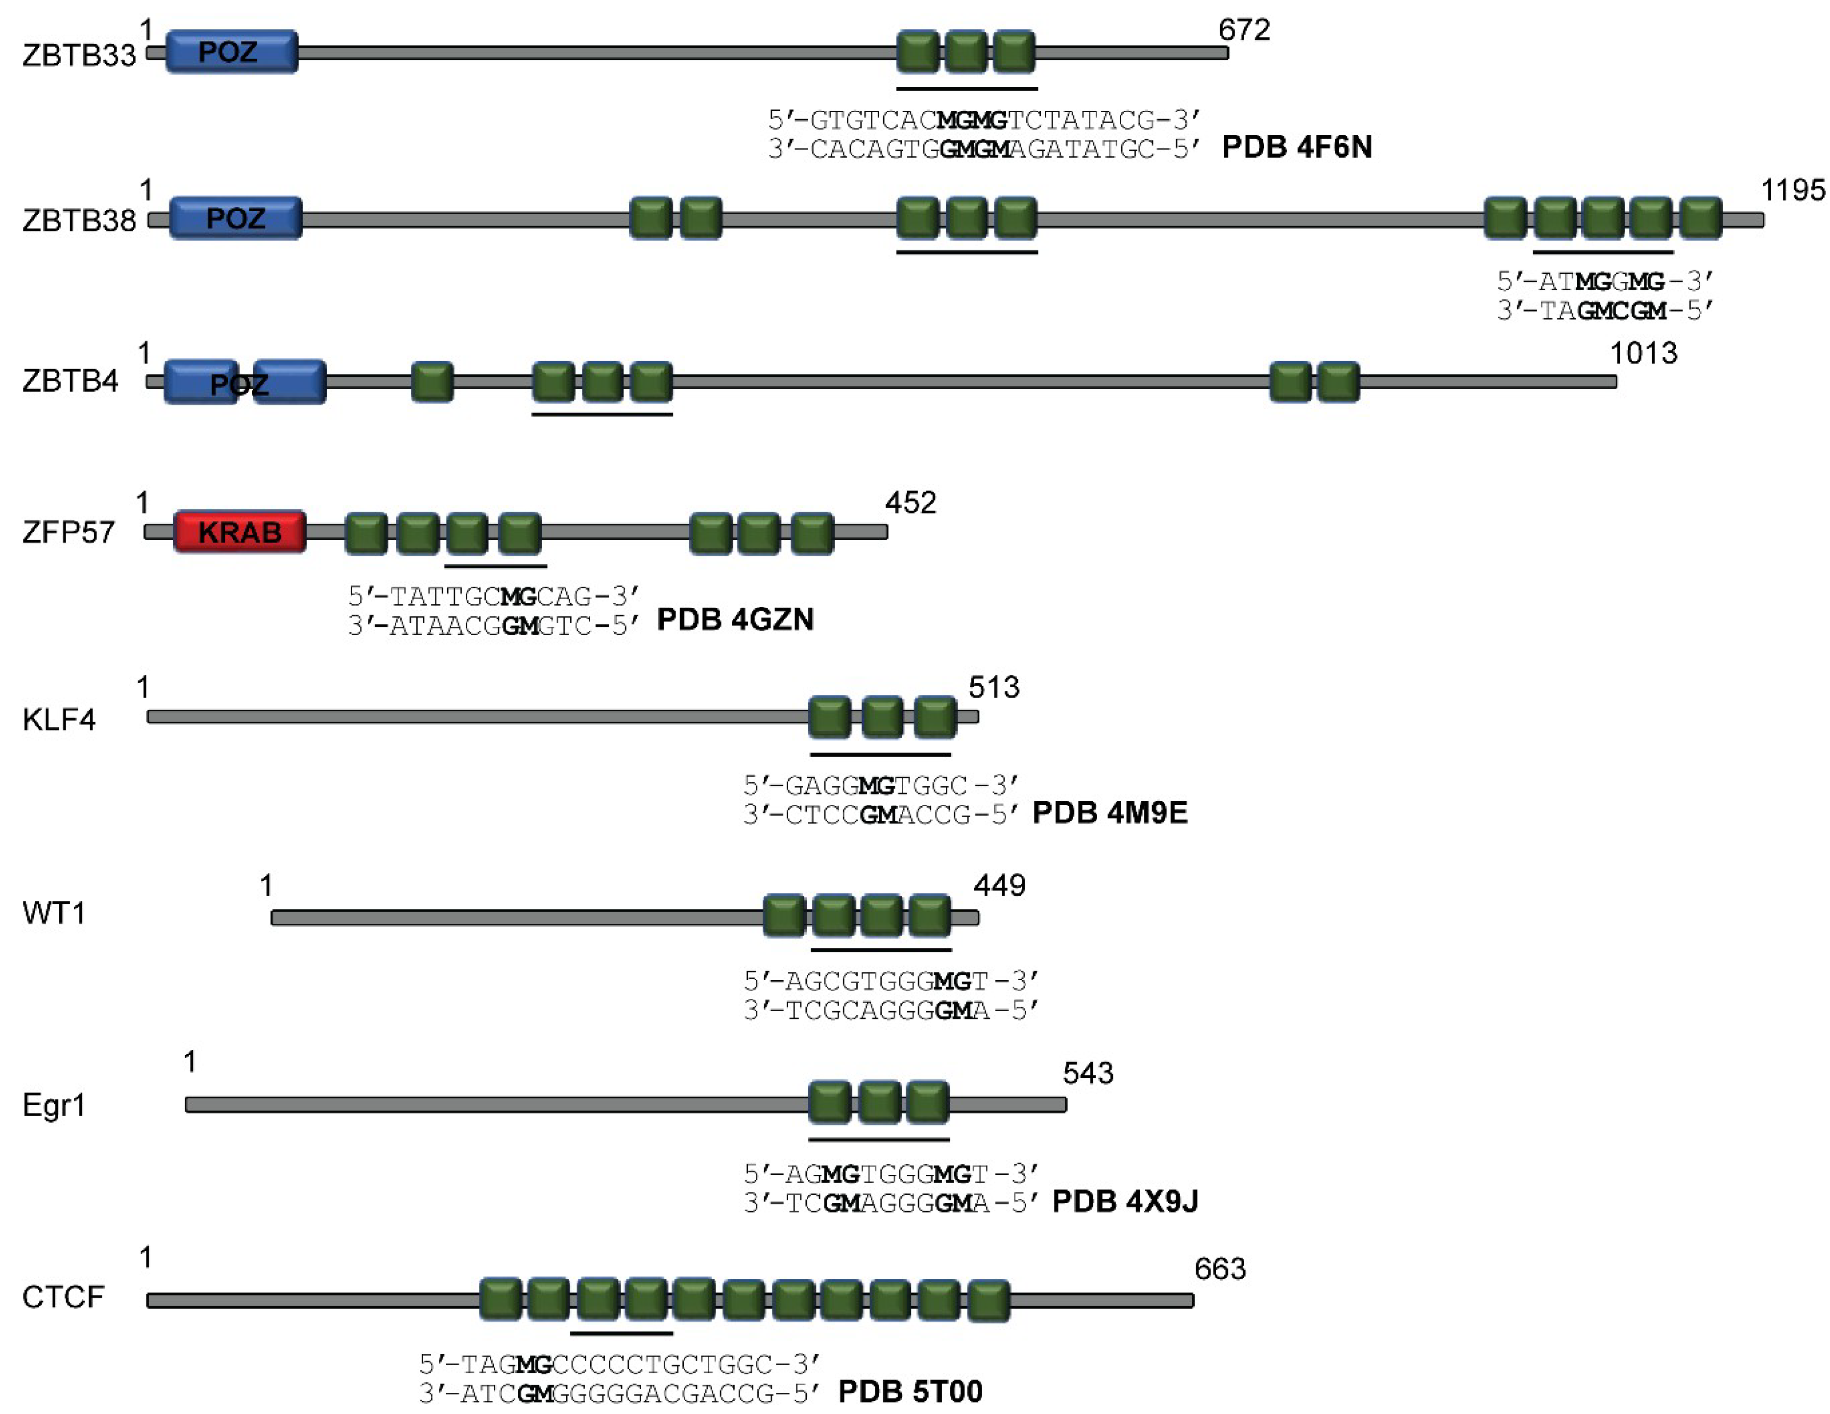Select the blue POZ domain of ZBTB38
point(236,219)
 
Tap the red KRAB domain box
point(240,531)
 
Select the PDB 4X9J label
point(1125,1201)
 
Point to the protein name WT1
point(53,913)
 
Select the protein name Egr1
point(53,1106)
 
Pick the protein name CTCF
point(63,1297)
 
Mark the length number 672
point(1244,30)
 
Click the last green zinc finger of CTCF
point(989,1300)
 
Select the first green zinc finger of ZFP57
point(366,533)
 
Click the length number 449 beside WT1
point(999,885)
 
